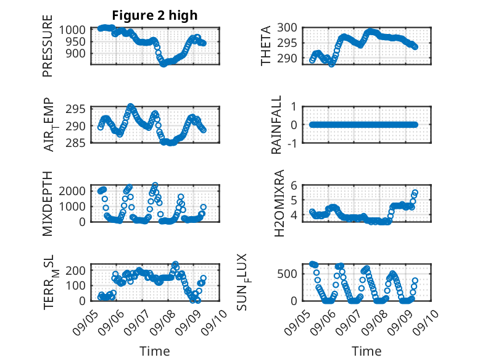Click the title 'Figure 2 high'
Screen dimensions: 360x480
(154, 15)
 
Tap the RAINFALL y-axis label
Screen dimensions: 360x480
(277, 125)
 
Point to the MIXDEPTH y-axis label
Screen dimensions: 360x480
(48, 203)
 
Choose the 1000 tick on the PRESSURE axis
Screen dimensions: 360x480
(76, 30)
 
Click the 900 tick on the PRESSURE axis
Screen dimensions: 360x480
(79, 53)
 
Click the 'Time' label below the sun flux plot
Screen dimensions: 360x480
(366, 351)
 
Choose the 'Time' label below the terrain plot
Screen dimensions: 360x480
(154, 351)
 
